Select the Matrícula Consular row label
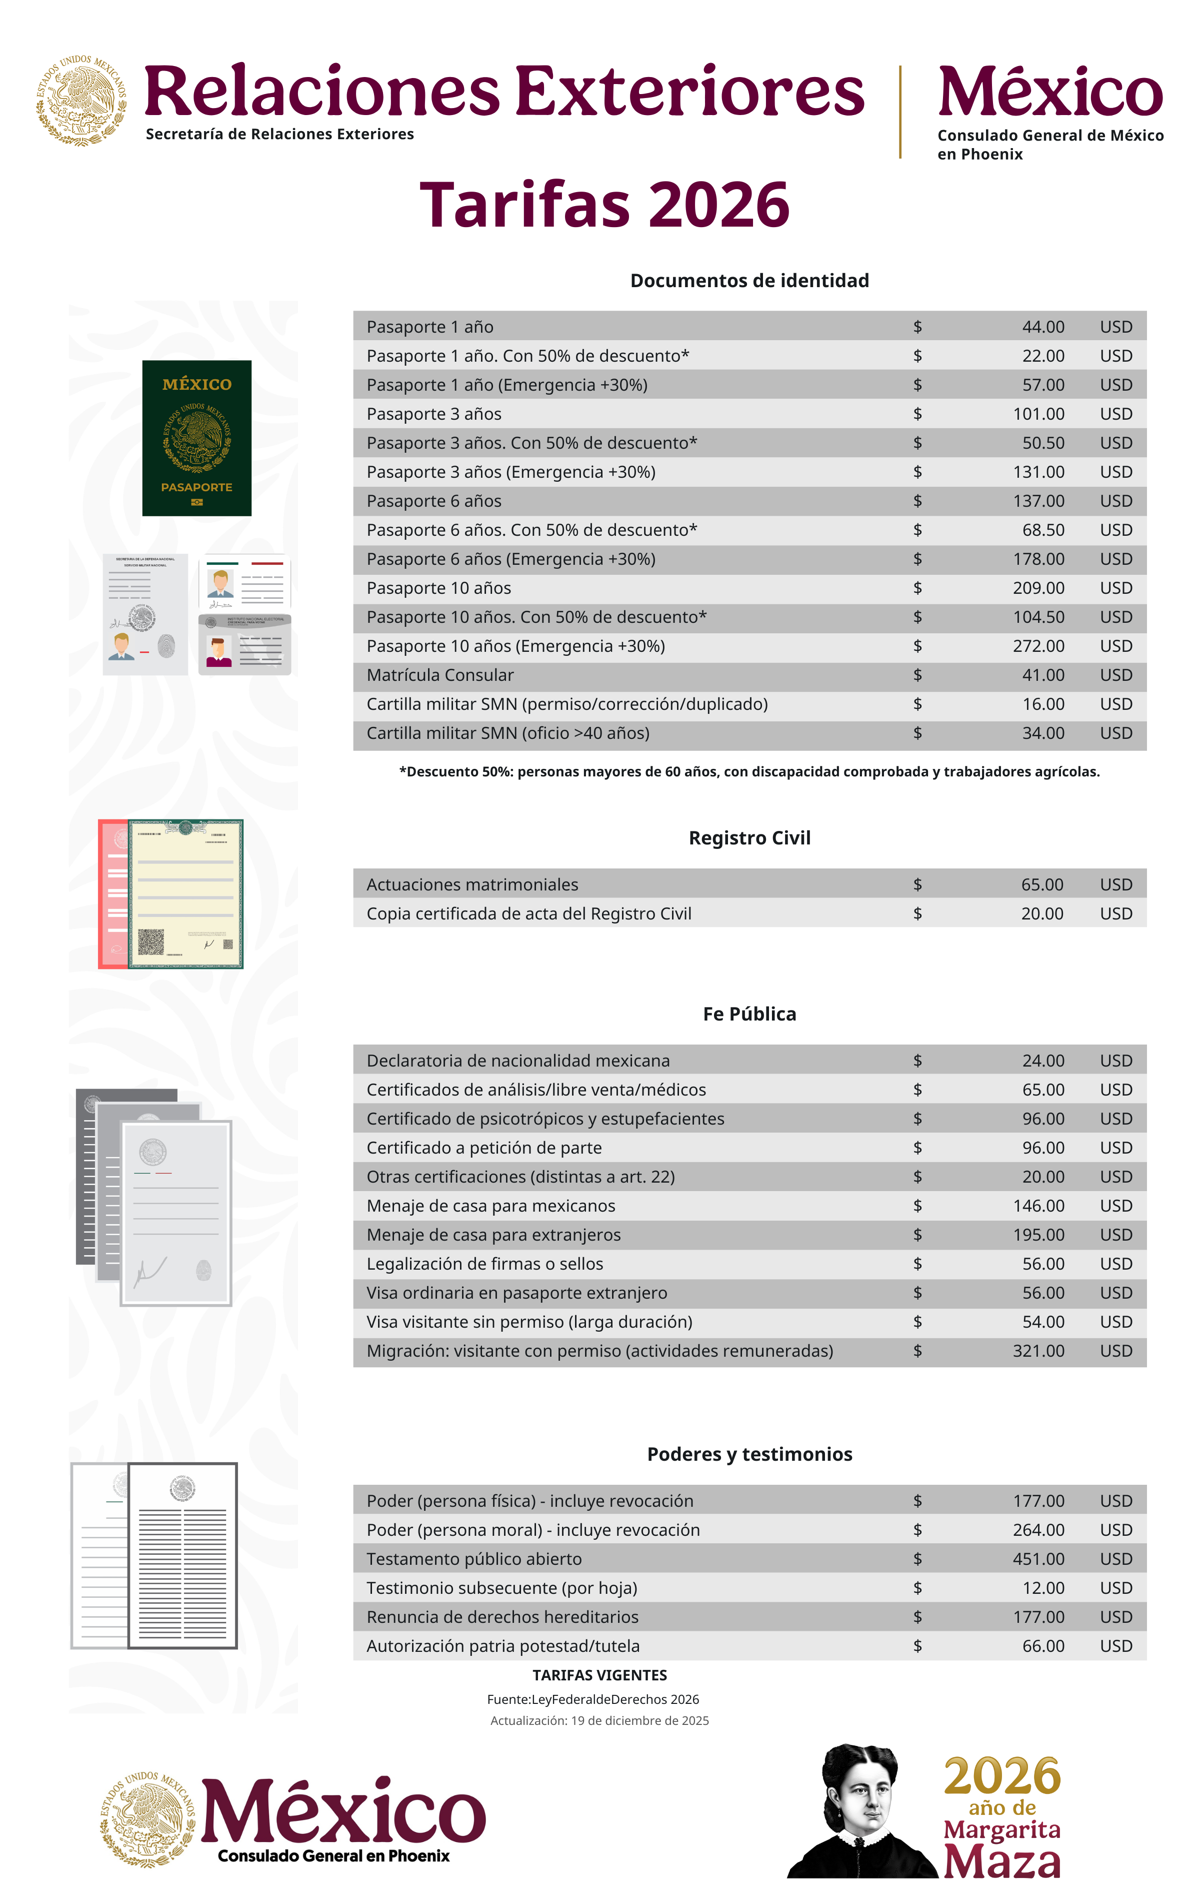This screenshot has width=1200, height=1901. click(x=439, y=675)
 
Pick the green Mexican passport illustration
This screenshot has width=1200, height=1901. click(x=196, y=438)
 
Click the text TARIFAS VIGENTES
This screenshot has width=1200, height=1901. click(x=599, y=1675)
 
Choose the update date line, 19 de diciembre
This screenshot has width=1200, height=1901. click(x=599, y=1720)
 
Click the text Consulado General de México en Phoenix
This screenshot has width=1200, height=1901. click(x=1049, y=145)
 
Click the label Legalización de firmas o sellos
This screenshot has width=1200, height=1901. click(x=484, y=1264)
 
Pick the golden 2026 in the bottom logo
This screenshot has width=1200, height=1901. click(x=1002, y=1776)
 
